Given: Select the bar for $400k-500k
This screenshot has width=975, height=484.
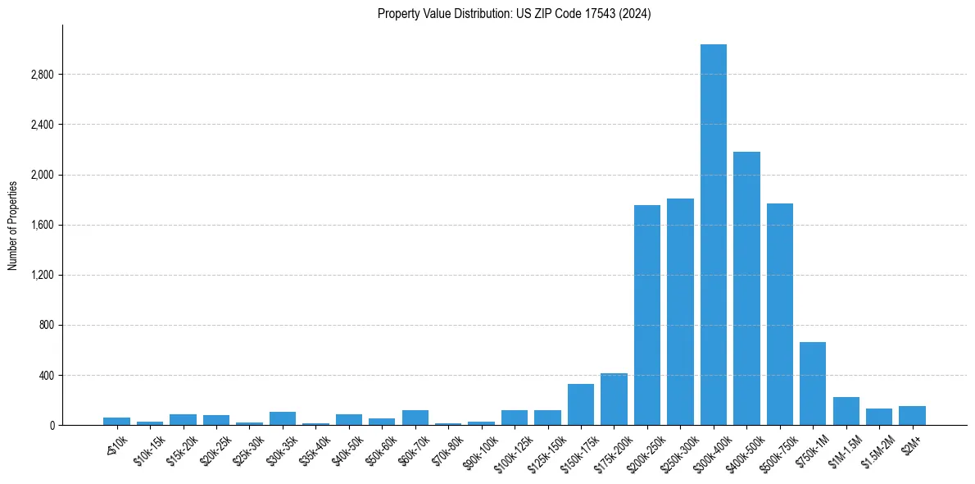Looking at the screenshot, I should point(746,288).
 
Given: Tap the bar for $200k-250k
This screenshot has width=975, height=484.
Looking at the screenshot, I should point(647,315).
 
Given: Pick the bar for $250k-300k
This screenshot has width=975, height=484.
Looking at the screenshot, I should point(680,312).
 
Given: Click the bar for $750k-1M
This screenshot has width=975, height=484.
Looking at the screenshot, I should point(813,384).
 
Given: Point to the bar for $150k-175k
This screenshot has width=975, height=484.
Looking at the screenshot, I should point(581,404).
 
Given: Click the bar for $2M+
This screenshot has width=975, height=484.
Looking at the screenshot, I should point(912,416).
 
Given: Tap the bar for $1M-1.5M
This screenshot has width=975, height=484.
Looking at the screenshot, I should point(846,411).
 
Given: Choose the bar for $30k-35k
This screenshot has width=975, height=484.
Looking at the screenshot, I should point(283,418).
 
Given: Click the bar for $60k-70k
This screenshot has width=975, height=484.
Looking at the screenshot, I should point(415,418).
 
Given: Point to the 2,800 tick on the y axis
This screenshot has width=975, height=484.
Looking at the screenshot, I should point(42,75).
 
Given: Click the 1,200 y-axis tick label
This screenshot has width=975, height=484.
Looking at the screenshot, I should point(42,275).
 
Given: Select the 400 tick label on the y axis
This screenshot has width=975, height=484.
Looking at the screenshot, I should point(46,376).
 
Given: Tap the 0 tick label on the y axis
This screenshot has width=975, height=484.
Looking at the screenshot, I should point(51,426).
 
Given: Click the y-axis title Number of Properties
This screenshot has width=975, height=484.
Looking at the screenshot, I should point(13,225).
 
